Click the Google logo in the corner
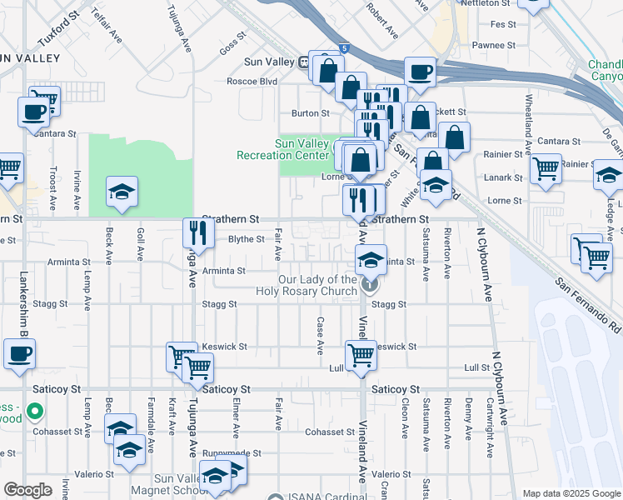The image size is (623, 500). click(27, 490)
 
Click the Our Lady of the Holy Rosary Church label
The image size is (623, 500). click(318, 285)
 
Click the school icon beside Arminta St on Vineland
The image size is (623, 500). click(371, 259)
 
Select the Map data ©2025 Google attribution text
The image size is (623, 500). click(571, 493)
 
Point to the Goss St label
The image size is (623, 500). click(235, 37)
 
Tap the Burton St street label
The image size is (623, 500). click(305, 112)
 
